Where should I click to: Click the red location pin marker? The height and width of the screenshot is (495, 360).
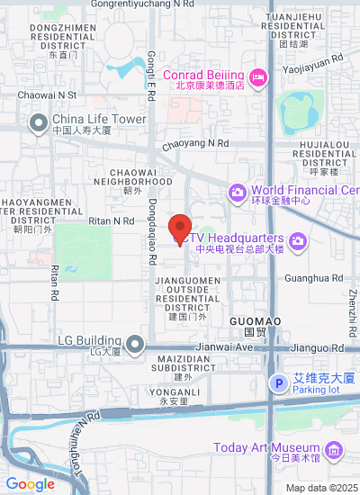tap(180, 229)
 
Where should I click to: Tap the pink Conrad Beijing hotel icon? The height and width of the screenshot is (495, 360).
tap(257, 78)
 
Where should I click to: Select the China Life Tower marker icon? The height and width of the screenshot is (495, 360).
tap(38, 123)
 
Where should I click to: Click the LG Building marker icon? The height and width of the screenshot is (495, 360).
tap(135, 343)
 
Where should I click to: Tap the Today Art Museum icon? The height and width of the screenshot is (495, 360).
tap(333, 449)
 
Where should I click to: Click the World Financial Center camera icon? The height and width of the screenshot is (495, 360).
tap(238, 191)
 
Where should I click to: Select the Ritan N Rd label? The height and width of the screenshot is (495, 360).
tap(112, 220)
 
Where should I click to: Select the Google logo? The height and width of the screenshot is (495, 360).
tap(30, 484)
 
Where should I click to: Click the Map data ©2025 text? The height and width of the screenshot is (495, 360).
tap(322, 488)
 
